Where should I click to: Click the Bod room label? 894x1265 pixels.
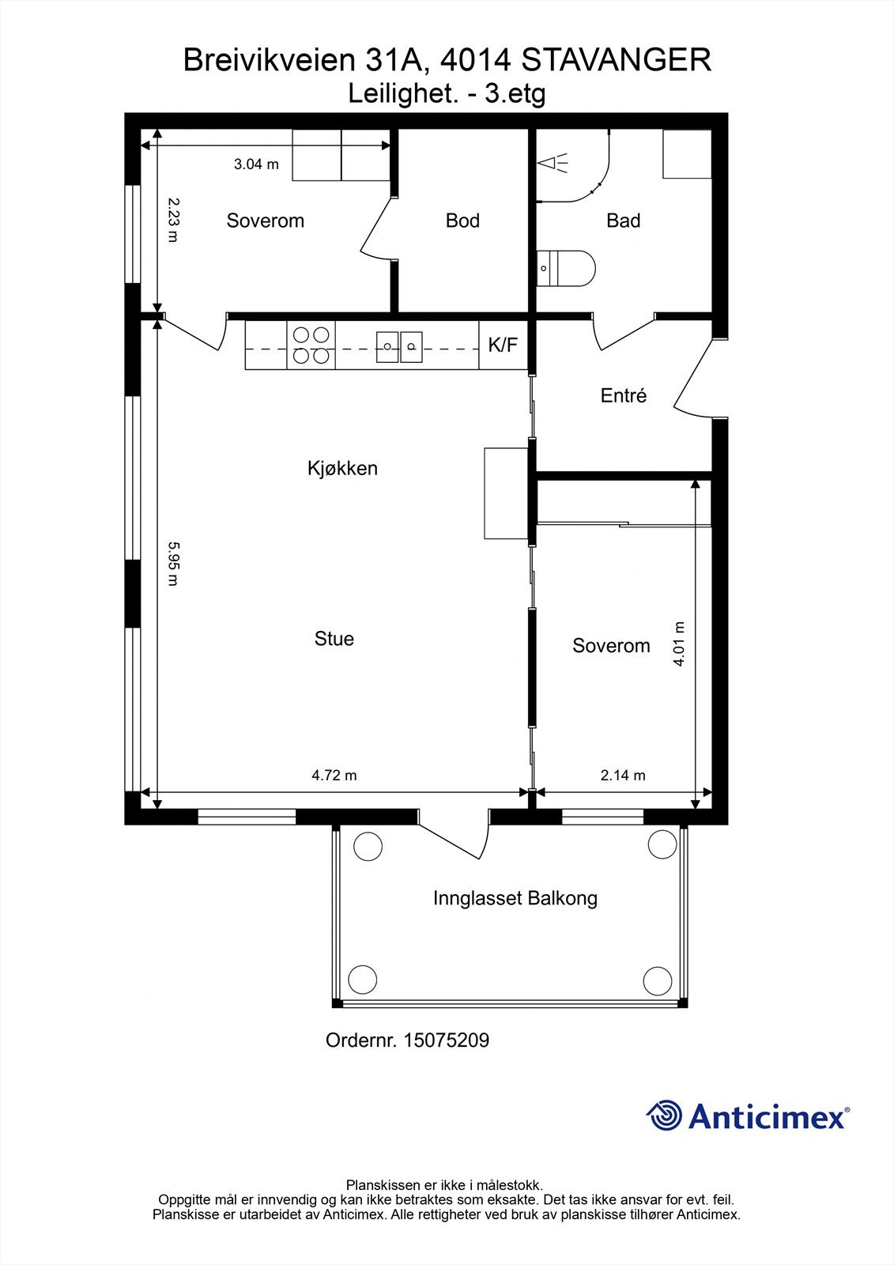coord(462,221)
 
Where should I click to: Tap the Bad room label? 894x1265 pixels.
coord(623,221)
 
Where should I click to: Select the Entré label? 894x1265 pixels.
coord(623,395)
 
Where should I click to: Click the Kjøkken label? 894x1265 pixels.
coord(342,468)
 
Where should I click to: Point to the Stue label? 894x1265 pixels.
coord(334,639)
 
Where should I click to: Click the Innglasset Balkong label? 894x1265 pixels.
coord(515,898)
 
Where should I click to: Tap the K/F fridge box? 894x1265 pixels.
coord(504,345)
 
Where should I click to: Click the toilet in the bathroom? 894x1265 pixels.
coord(565,268)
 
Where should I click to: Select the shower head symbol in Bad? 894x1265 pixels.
coord(553,164)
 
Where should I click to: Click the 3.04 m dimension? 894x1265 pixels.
coord(256,164)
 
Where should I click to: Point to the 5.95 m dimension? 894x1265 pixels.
coord(173,564)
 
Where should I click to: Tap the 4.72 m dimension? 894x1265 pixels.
coord(334,776)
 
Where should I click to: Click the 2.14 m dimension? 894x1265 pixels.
coord(622,776)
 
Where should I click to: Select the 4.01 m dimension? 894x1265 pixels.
coord(679,644)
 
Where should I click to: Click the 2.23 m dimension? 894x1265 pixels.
coord(173,220)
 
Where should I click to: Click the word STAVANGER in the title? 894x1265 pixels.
coord(616,60)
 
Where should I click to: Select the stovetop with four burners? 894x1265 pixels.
coord(311,345)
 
